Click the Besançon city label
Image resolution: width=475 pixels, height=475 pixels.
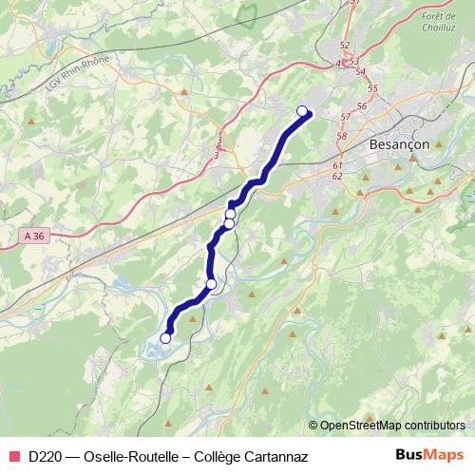pyautogui.click(x=398, y=144)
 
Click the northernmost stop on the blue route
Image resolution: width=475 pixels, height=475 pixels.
pyautogui.click(x=303, y=111)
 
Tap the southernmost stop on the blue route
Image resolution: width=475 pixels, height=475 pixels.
pyautogui.click(x=165, y=337)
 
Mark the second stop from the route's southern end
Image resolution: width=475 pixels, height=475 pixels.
pyautogui.click(x=211, y=284)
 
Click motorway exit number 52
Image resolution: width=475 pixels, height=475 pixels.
pyautogui.click(x=344, y=46)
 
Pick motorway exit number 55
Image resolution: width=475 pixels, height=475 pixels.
pyautogui.click(x=372, y=88)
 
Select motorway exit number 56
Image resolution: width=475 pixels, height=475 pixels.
pyautogui.click(x=362, y=105)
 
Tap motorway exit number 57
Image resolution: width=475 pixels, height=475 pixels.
pyautogui.click(x=344, y=117)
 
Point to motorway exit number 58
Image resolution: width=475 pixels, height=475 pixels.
pyautogui.click(x=340, y=136)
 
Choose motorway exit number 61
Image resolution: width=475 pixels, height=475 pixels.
pyautogui.click(x=337, y=164)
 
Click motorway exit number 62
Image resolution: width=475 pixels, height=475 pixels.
pyautogui.click(x=337, y=176)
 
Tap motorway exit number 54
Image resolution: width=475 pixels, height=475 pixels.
pyautogui.click(x=359, y=71)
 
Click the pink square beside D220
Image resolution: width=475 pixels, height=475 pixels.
pyautogui.click(x=14, y=456)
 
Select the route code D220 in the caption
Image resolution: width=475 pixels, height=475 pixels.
pyautogui.click(x=46, y=456)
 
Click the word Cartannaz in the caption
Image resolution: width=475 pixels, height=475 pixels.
pyautogui.click(x=275, y=456)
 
